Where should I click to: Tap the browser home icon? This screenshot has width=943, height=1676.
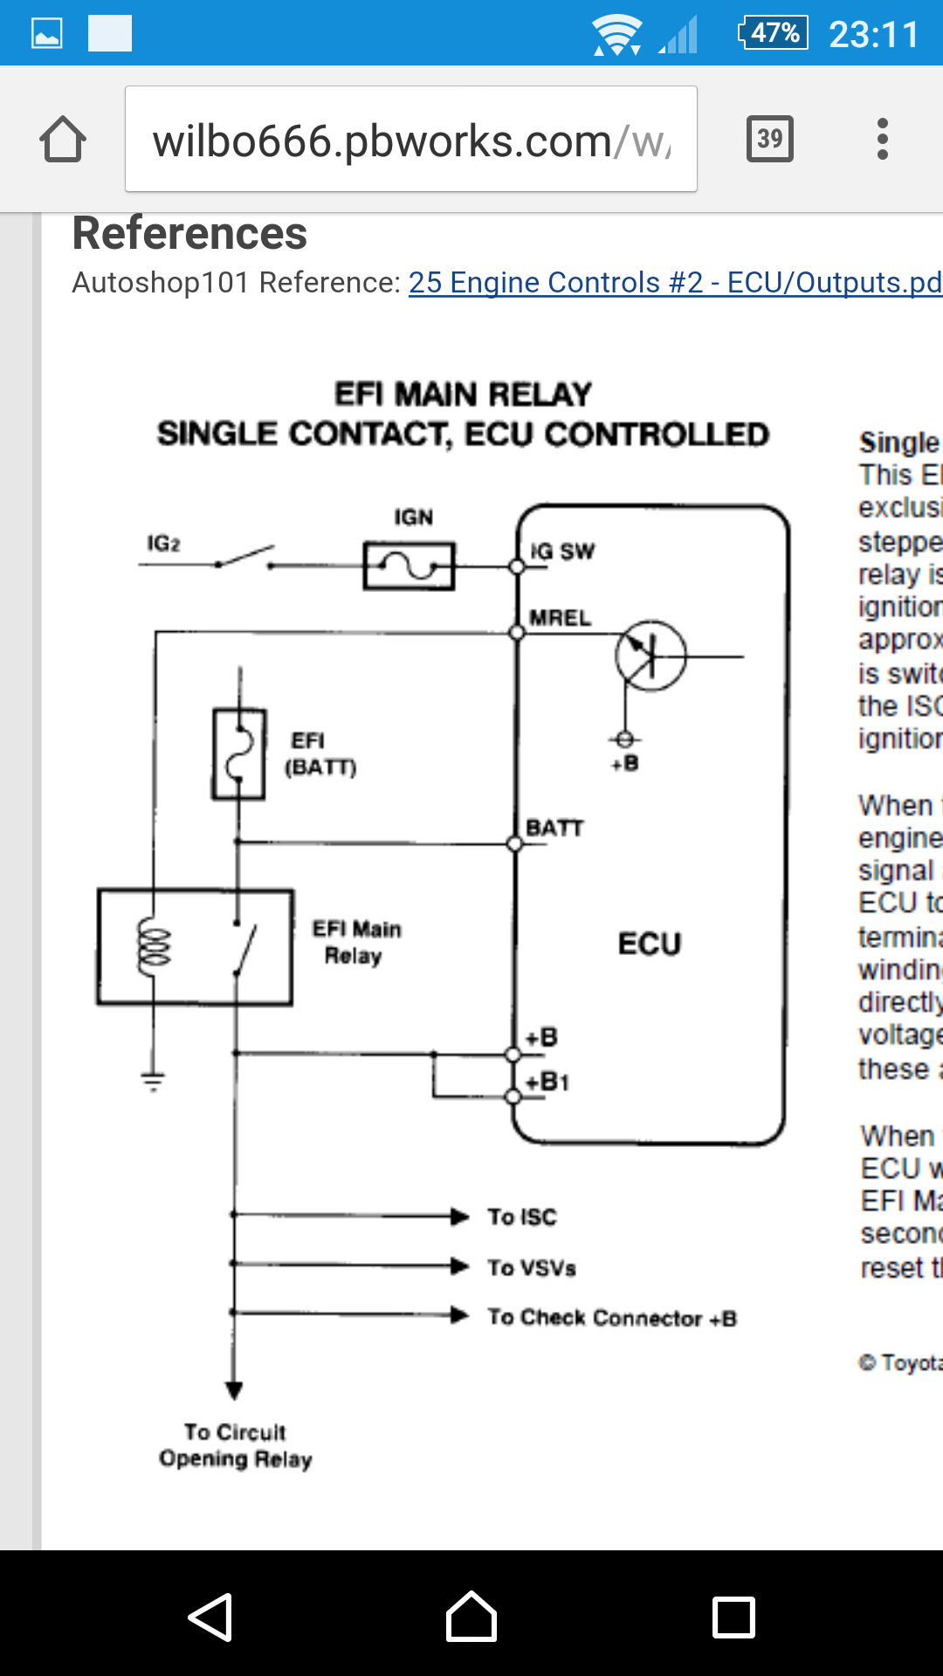pos(63,140)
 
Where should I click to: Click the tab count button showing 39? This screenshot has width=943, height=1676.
pos(769,139)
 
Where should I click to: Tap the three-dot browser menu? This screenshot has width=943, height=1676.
pos(882,139)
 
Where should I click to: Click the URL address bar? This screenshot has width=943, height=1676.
pos(410,140)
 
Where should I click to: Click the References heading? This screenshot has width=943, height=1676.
pos(189,234)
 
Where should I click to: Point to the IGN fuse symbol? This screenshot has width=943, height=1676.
pos(409,567)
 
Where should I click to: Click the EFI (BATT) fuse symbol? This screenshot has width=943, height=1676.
pos(238,754)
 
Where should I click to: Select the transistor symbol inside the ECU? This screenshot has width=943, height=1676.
pos(650,656)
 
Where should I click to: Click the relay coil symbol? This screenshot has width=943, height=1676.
pos(155,945)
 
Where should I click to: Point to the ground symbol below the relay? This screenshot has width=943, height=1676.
pos(153,1082)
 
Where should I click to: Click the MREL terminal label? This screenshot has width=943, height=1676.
pos(561,618)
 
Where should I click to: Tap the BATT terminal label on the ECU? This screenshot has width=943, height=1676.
pos(554,828)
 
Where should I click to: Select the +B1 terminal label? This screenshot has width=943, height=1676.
pos(547,1082)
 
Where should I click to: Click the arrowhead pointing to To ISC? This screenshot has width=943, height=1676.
pos(459,1216)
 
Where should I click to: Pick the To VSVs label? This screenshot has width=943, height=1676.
pos(532,1267)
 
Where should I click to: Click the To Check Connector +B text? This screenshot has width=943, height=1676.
pos(612,1317)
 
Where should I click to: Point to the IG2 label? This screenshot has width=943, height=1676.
pos(163,544)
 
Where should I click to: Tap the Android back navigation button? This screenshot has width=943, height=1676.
pos(210,1617)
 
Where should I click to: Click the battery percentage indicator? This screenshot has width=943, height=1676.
pos(774,33)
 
